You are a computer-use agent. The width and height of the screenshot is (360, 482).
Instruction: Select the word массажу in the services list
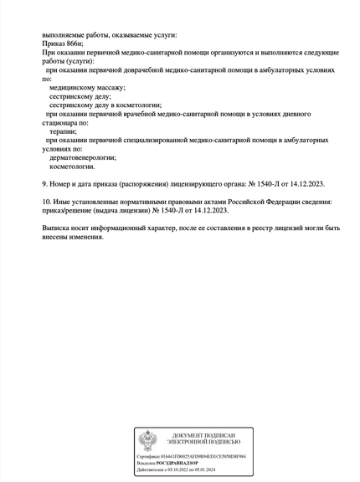click(x=108, y=86)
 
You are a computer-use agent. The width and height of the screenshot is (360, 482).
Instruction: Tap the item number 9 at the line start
click(x=44, y=182)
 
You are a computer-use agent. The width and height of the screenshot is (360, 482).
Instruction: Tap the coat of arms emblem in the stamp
click(x=147, y=440)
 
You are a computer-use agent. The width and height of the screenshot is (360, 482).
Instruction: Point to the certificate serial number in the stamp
click(x=204, y=456)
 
